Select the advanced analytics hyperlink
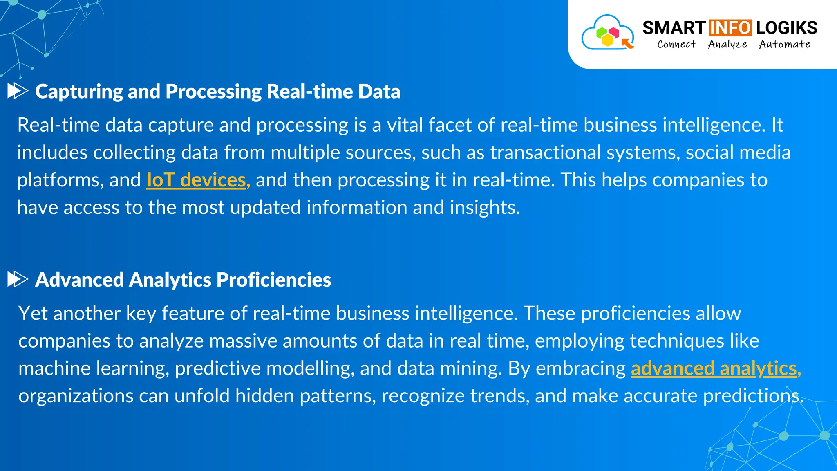click(716, 368)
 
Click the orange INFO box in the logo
click(730, 28)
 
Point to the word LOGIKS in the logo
click(786, 28)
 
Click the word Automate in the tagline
click(784, 44)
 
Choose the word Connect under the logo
click(676, 44)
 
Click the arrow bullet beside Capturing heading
click(18, 91)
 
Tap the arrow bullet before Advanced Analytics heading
click(18, 279)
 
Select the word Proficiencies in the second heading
click(273, 280)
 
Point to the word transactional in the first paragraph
click(545, 153)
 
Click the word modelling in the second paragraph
click(310, 368)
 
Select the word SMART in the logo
click(674, 28)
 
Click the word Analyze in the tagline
click(727, 44)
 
